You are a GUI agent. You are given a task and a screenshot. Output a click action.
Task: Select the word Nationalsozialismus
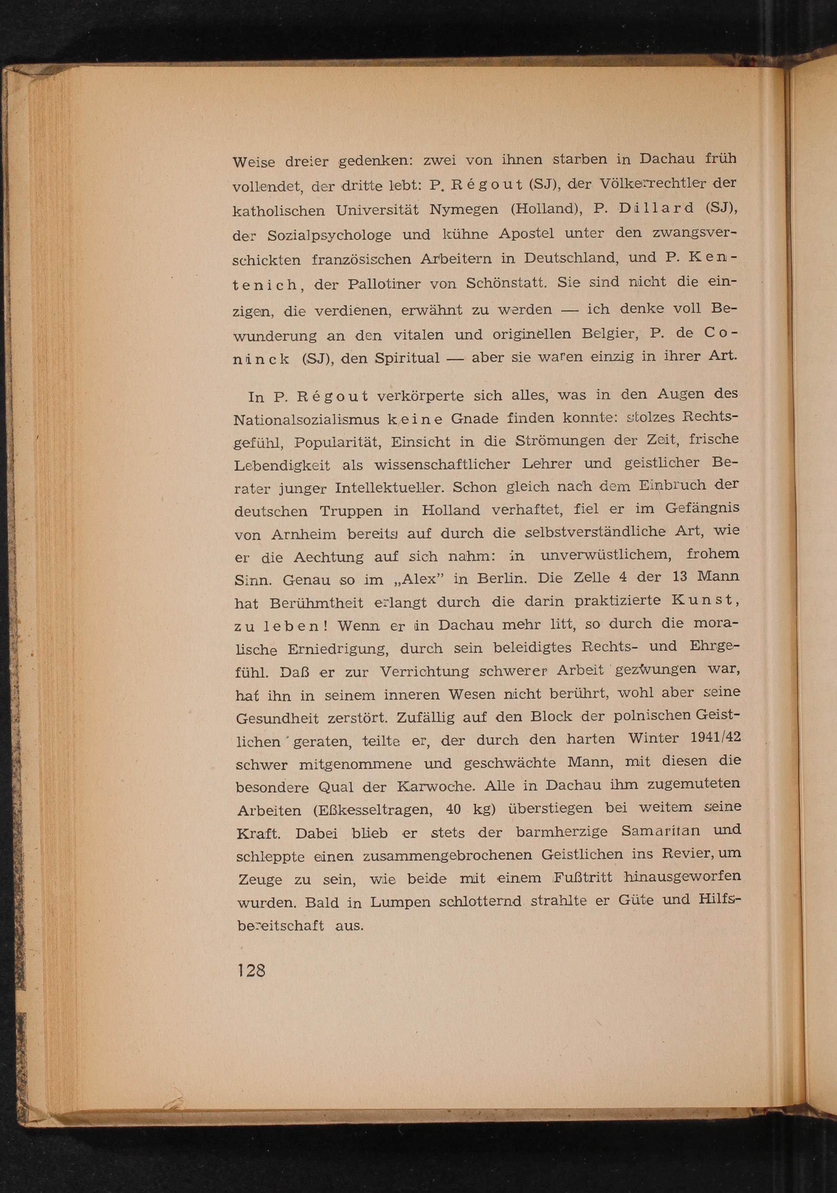307,419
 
